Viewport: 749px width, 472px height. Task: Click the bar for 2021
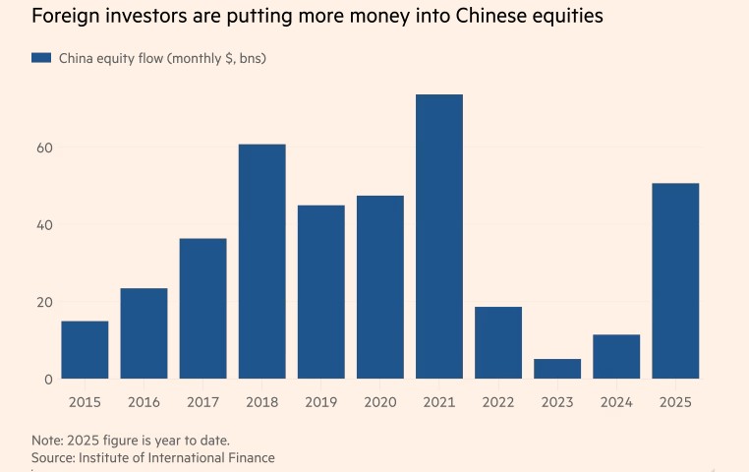coord(439,236)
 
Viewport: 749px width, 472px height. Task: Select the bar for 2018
coord(261,261)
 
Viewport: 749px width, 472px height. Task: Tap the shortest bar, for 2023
coord(557,369)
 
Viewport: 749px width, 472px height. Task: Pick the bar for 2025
coord(675,280)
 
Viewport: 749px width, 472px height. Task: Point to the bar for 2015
coord(85,349)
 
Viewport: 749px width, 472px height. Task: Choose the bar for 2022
coord(498,342)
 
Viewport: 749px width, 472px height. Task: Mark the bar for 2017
coord(202,308)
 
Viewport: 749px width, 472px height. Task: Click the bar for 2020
coord(380,286)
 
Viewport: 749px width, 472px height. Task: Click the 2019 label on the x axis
coord(320,401)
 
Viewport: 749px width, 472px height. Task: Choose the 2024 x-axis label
coord(616,401)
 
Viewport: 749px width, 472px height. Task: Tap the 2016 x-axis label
coord(144,401)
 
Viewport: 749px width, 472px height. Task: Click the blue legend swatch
coord(40,58)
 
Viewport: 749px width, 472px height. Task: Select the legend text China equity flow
coord(162,59)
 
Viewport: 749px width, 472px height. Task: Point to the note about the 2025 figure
coord(130,440)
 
